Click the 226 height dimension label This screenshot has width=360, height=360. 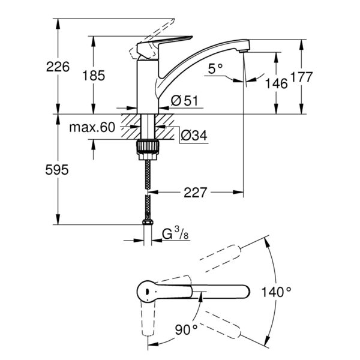point(58,67)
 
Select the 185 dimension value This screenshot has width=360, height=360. point(94,76)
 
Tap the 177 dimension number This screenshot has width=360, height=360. point(302,77)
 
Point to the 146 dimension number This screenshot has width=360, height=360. point(276,83)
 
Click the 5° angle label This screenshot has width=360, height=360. point(215,68)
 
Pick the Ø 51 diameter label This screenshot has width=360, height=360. point(184,100)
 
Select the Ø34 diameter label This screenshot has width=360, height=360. point(194,135)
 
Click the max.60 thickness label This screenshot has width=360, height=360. point(92,127)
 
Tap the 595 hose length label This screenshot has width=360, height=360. point(57,170)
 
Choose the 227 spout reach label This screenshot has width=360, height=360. point(196,193)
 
